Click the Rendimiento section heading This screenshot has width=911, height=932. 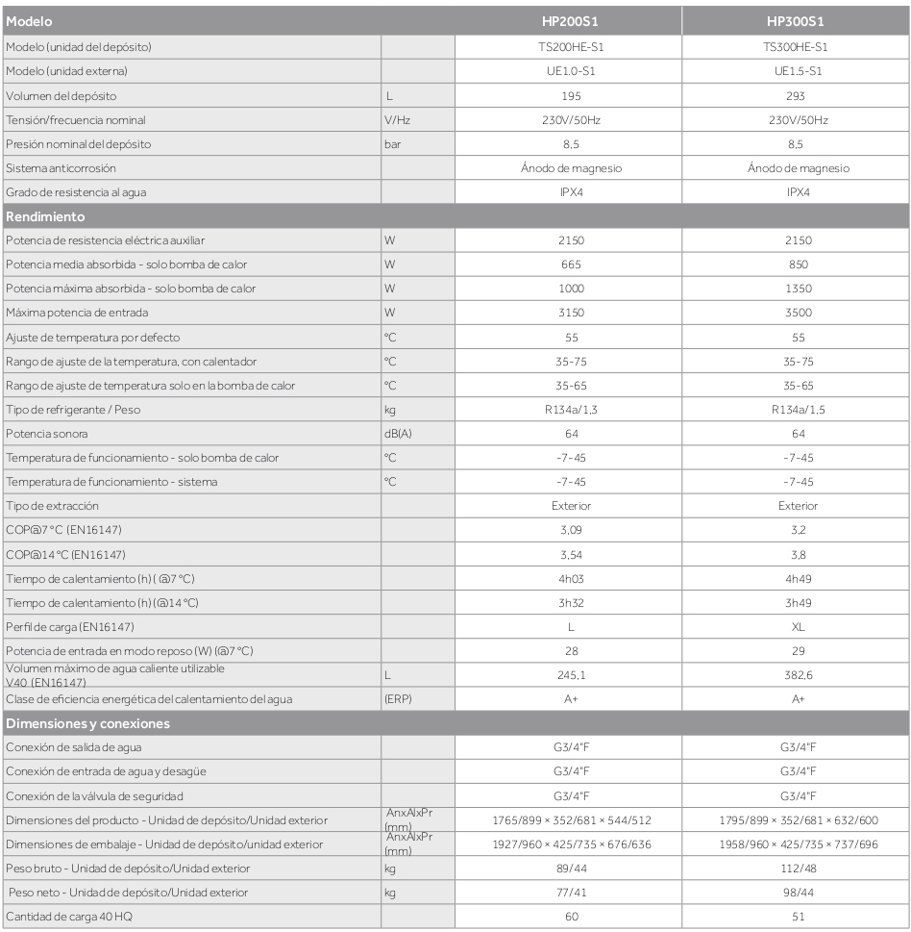tap(42, 216)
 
